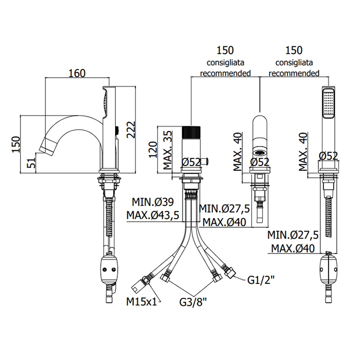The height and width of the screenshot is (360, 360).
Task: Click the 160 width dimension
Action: tap(76, 73)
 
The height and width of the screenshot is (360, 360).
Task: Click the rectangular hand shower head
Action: tap(328, 106)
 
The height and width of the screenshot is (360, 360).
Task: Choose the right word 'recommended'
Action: tap(294, 74)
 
